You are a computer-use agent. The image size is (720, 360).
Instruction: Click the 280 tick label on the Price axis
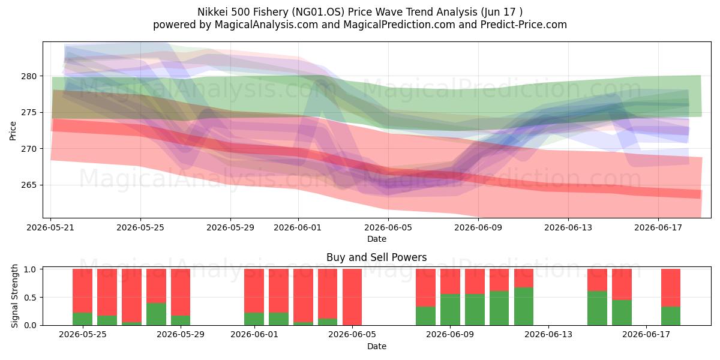point(29,76)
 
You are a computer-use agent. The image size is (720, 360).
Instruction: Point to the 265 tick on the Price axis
point(29,185)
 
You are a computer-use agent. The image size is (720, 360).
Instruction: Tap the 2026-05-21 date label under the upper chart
point(50,227)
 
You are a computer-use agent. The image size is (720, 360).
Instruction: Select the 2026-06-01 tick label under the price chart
point(298,227)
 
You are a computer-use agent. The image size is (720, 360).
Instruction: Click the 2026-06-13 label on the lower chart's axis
point(548,335)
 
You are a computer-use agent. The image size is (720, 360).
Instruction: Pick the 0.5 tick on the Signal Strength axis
point(30,298)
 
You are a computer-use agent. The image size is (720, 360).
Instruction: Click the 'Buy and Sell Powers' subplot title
point(377,257)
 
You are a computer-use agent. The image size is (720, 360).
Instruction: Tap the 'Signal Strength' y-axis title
point(14,296)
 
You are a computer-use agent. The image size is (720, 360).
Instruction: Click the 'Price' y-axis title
point(13,131)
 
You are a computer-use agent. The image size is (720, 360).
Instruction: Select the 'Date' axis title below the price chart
point(377,239)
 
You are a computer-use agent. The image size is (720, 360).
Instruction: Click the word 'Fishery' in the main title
point(271,12)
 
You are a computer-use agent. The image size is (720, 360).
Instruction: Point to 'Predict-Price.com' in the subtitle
point(524,25)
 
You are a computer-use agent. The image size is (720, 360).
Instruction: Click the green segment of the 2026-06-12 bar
point(524,307)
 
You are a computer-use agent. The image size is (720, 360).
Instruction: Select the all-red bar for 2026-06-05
point(352,297)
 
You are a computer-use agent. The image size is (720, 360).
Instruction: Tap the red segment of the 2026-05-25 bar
point(82,291)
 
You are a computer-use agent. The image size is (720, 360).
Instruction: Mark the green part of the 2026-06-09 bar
point(450,310)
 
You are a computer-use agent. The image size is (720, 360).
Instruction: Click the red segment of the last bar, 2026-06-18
point(671,288)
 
